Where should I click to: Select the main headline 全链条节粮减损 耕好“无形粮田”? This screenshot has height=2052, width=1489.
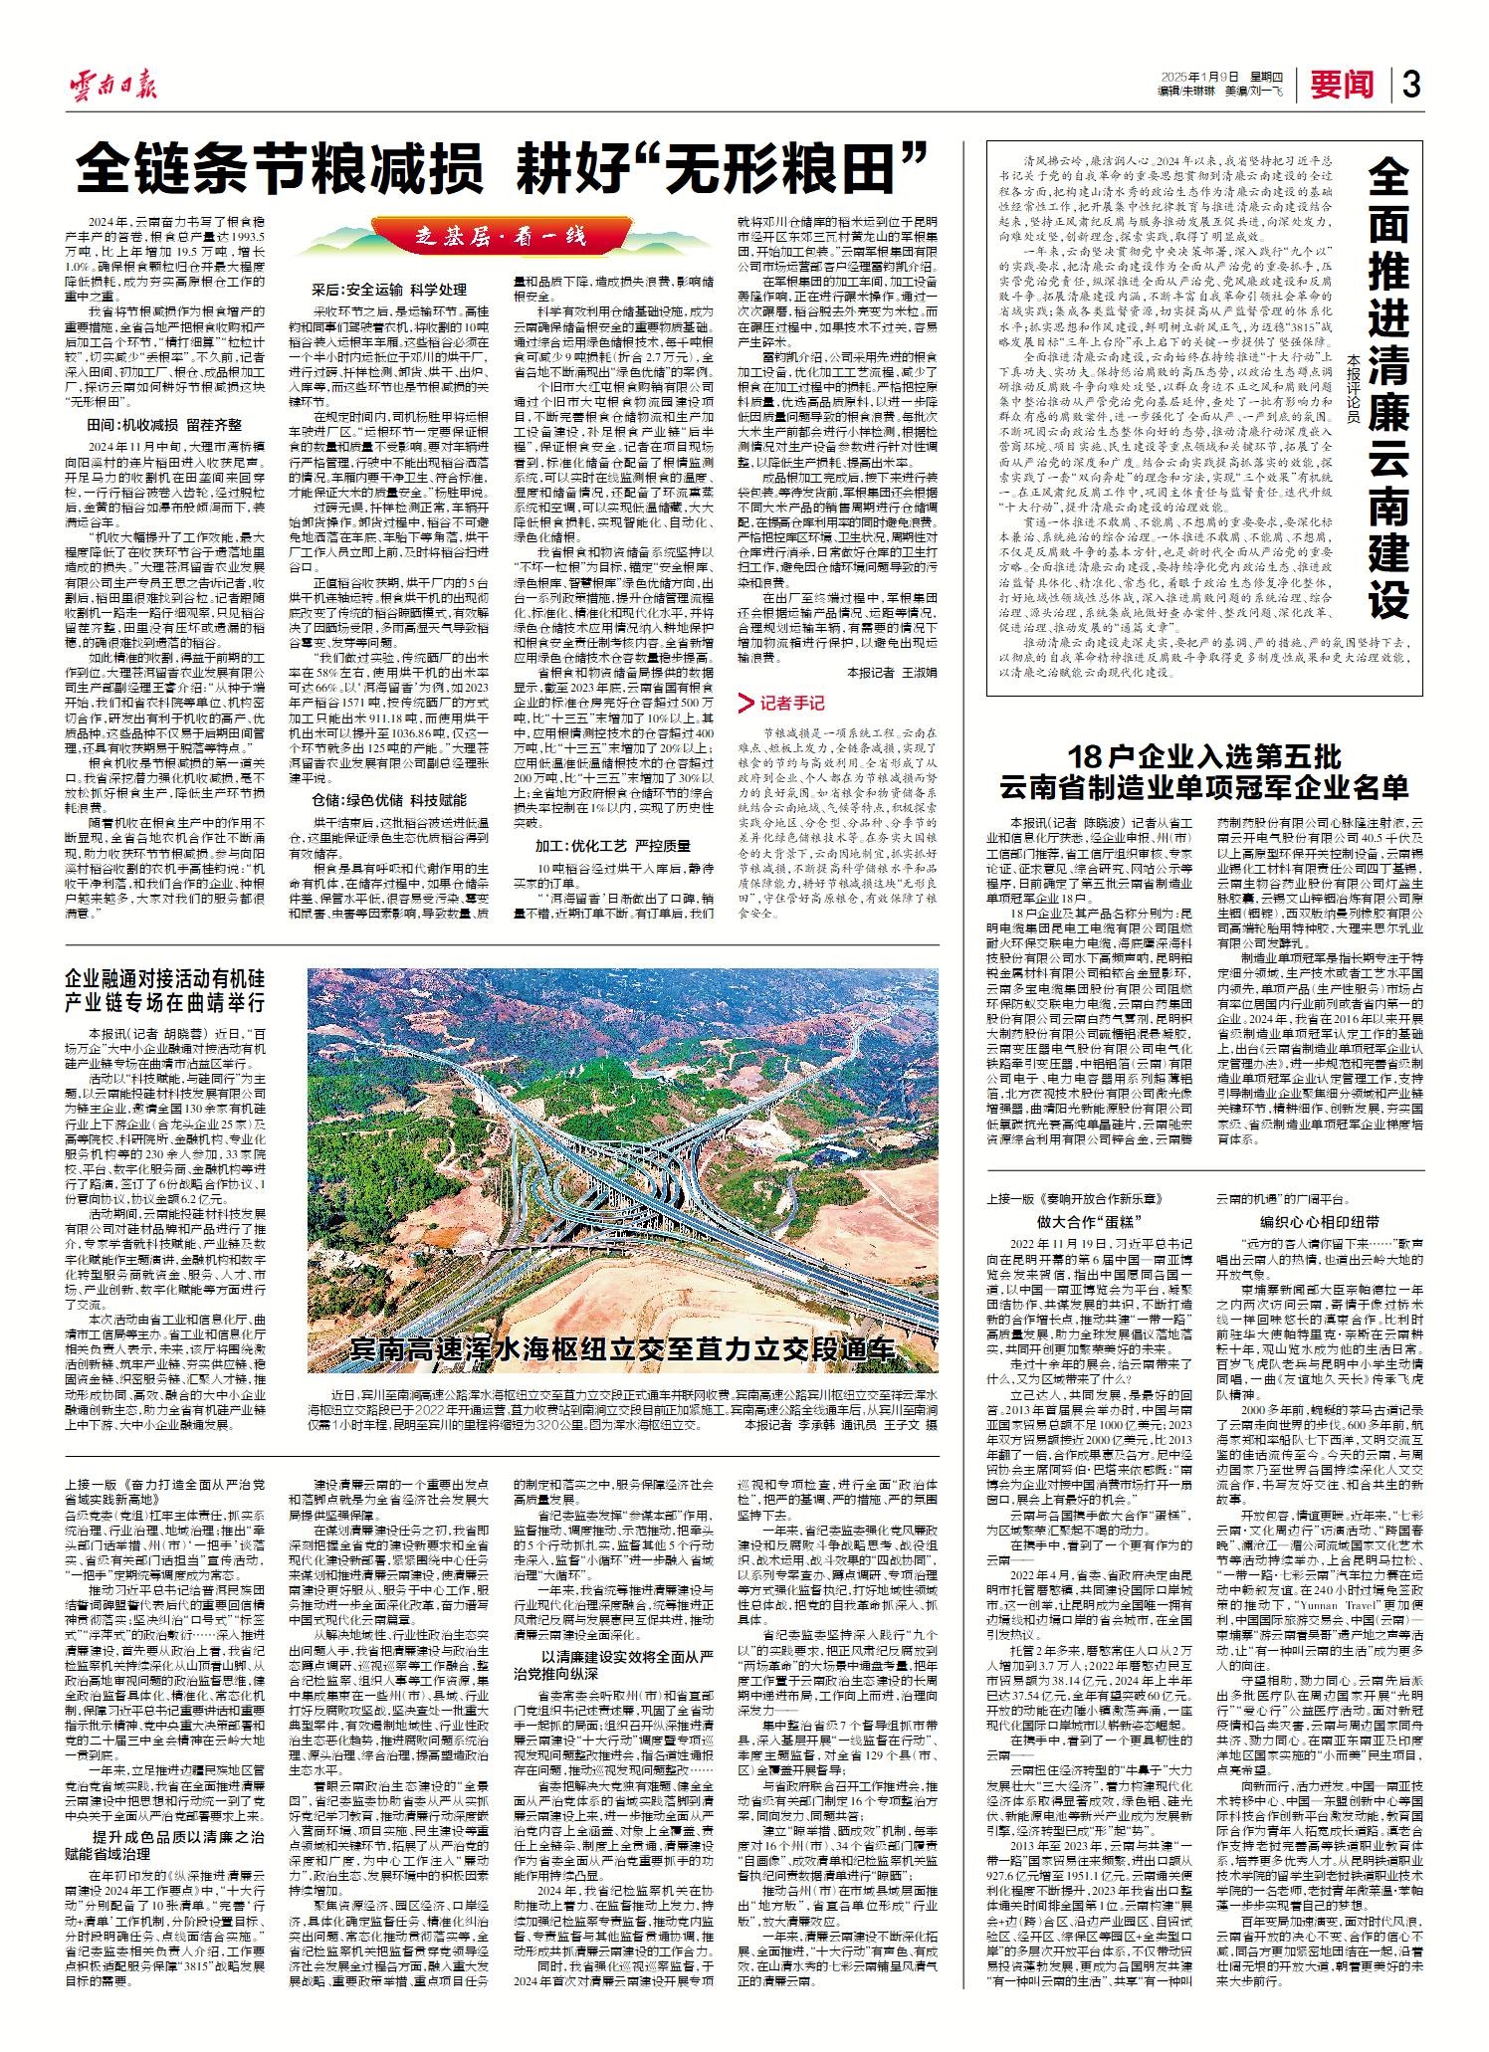click(x=503, y=169)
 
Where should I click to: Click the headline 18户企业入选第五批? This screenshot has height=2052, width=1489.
click(x=1203, y=752)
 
